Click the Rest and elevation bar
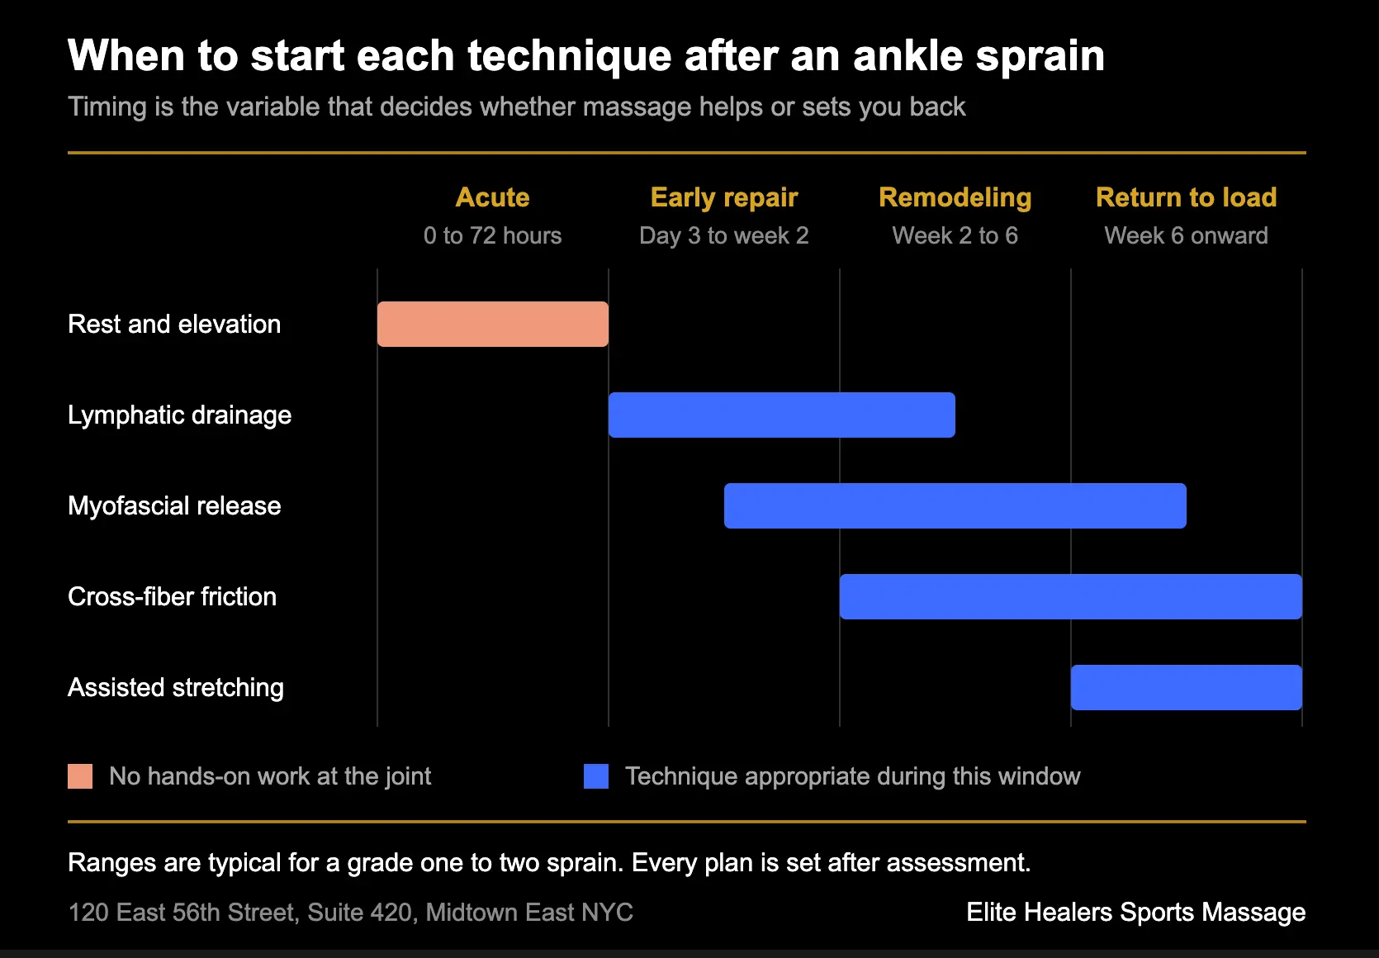coord(492,324)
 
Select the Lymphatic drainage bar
coord(782,415)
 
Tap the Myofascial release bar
coord(955,505)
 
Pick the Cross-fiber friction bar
coord(1070,596)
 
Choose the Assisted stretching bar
coord(1187,687)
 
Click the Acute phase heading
coord(492,197)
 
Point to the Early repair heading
coord(724,198)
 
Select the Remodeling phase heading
coord(955,198)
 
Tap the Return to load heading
coord(1187,197)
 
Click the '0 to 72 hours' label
coord(492,236)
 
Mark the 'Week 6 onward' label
coord(1187,236)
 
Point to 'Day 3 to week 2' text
coord(724,236)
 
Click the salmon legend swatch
coord(80,776)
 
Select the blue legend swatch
coord(596,776)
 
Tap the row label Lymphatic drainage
coord(180,415)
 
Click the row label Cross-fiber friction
coord(173,596)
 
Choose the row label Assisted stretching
coord(176,688)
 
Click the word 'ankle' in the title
coord(908,56)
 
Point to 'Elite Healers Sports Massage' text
coord(1136,913)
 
